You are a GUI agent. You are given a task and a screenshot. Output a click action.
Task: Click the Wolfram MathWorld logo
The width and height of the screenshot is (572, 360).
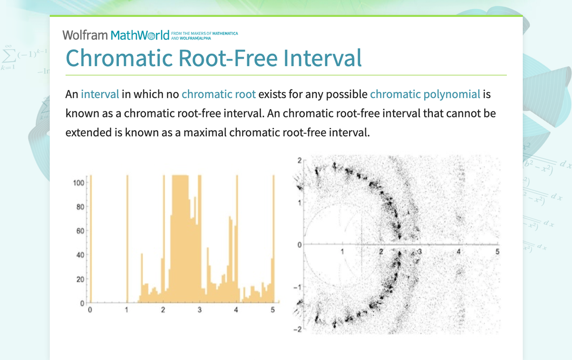coord(115,35)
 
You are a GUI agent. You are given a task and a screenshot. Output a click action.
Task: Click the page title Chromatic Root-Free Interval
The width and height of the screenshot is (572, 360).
coord(213,58)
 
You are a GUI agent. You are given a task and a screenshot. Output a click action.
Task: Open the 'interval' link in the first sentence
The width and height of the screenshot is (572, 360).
coord(100,94)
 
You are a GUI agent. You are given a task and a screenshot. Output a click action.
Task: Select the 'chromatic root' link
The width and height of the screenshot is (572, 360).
coord(218,94)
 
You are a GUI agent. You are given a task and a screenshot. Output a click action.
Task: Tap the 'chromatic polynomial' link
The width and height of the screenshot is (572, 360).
coord(425,94)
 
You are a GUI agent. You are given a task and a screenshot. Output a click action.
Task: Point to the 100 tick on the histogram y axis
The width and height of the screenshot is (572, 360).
coord(78,183)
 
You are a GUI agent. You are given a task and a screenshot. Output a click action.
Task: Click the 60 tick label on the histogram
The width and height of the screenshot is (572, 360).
coord(80,231)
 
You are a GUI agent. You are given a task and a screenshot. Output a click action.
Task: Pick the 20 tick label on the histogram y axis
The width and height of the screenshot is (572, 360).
coord(80,279)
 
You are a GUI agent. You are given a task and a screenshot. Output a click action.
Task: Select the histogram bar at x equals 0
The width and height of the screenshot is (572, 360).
coord(90,239)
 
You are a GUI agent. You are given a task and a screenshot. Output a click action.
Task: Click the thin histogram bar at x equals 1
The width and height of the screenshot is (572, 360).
coord(127,239)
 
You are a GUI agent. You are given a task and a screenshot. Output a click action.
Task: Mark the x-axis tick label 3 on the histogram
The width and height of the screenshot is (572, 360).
coord(199,310)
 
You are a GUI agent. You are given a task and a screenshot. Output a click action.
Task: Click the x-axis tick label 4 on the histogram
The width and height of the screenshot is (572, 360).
coord(236,310)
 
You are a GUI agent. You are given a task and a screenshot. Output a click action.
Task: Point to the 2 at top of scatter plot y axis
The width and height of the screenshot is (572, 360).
coord(299,160)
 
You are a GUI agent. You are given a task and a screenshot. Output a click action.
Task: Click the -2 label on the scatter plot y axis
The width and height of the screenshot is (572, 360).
coord(297,330)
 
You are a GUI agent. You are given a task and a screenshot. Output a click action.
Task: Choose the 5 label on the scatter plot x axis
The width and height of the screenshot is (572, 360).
coord(497,252)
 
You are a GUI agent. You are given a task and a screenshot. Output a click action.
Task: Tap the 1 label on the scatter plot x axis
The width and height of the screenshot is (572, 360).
coord(342,252)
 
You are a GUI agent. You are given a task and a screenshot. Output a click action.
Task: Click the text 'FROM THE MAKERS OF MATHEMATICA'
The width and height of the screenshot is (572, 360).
coord(204,33)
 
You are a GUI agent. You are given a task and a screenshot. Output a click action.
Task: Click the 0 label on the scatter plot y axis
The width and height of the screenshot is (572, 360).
coord(299,244)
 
